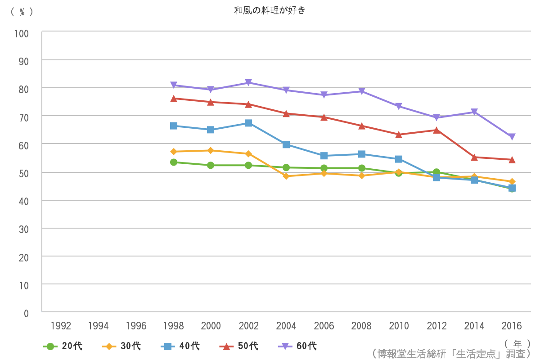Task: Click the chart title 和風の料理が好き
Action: click(x=270, y=10)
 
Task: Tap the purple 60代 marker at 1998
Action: click(x=174, y=85)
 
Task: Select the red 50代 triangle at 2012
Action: click(x=436, y=130)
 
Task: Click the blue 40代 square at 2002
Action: click(x=248, y=123)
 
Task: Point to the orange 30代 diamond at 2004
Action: click(x=286, y=176)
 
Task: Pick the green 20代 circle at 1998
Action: click(x=174, y=162)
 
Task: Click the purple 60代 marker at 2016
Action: click(x=512, y=137)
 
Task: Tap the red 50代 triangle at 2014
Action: click(x=474, y=157)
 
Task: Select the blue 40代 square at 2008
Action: click(x=361, y=154)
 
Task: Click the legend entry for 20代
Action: click(x=63, y=346)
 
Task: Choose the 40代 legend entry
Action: click(x=180, y=346)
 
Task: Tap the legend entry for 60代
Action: click(x=297, y=346)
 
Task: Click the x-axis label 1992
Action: click(x=61, y=326)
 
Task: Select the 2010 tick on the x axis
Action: click(x=399, y=326)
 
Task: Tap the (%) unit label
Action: click(x=22, y=12)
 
